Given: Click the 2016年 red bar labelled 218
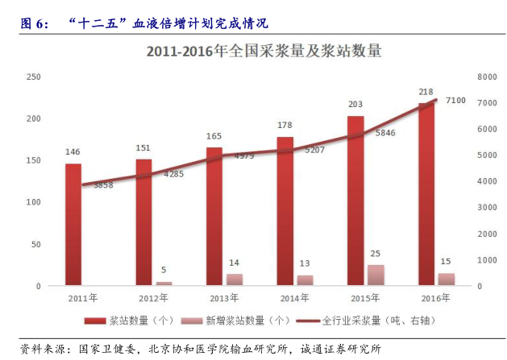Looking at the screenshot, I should click(426, 193).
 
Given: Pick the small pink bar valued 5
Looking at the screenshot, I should click(164, 283).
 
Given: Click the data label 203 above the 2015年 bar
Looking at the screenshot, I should click(355, 105).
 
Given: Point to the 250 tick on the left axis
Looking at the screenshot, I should click(33, 77).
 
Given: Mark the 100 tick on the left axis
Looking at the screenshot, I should click(33, 202).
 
